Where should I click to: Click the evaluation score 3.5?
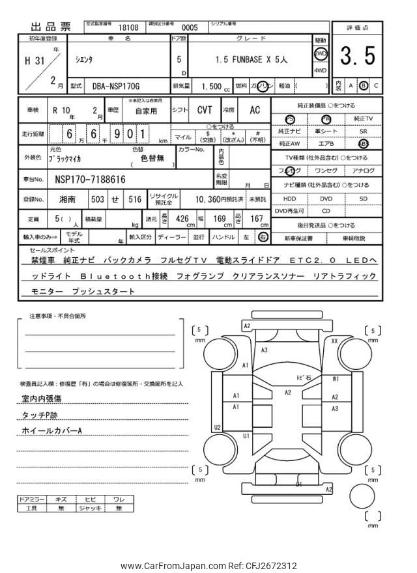(x=357, y=57)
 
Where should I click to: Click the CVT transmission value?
(x=205, y=110)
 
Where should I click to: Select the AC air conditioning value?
(x=255, y=110)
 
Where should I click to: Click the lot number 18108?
(x=128, y=28)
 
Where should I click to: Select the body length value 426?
(x=183, y=219)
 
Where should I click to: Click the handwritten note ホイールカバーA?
(x=52, y=431)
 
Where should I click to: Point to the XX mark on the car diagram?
(x=334, y=341)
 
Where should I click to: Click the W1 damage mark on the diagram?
(x=335, y=378)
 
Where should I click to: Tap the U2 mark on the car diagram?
(x=217, y=427)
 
